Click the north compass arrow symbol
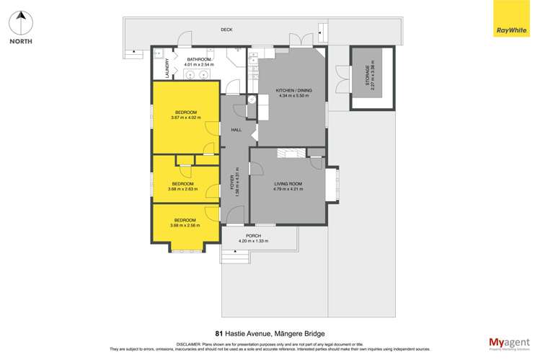click(21, 21)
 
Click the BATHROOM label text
click(198, 60)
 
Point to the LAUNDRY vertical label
click(167, 68)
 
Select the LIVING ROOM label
click(288, 184)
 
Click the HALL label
click(236, 130)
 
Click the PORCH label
click(253, 235)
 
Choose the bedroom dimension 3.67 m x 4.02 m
click(185, 118)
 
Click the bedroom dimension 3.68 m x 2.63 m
click(185, 189)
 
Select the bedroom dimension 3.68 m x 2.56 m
click(185, 225)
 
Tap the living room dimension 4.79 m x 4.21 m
click(288, 189)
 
